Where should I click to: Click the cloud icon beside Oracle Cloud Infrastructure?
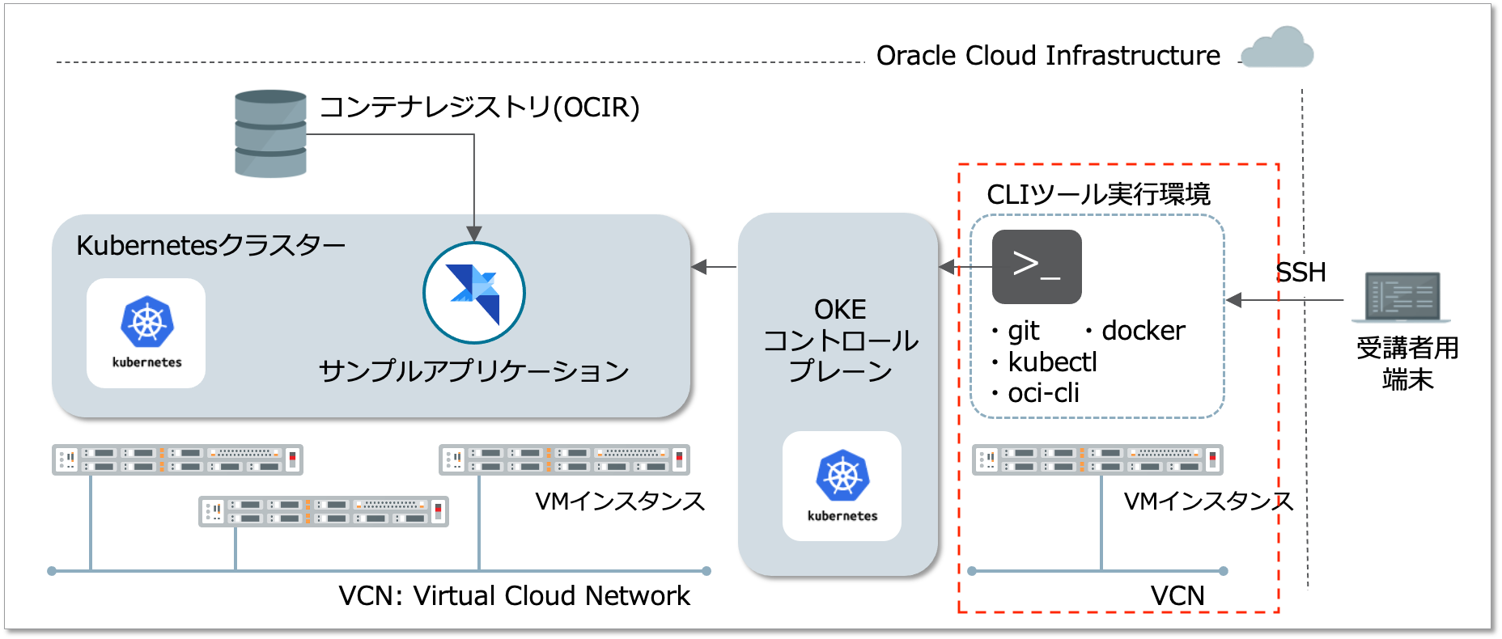pos(1277,48)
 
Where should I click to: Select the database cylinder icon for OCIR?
pos(270,133)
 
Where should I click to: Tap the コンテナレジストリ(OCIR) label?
pos(479,107)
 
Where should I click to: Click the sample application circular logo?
pos(474,293)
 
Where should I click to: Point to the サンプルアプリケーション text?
pos(474,371)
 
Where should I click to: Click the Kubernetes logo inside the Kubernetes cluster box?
pos(146,332)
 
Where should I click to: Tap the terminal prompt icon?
pos(1037,267)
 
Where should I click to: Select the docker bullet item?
pos(1135,331)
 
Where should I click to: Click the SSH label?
pos(1301,273)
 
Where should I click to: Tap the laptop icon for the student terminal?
pos(1407,297)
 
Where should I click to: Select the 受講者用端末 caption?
pos(1407,363)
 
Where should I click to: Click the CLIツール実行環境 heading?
pos(1098,195)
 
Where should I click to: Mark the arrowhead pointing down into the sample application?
pos(474,234)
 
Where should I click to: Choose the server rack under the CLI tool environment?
pos(1097,459)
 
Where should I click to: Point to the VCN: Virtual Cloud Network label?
pos(514,596)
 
